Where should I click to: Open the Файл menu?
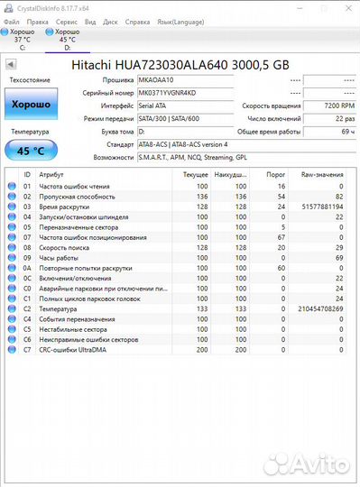[x=10, y=19]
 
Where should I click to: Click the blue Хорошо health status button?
[x=31, y=106]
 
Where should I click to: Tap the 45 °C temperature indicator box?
[x=31, y=151]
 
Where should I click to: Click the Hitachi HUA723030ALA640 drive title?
[x=180, y=65]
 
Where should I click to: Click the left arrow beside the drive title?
[x=11, y=65]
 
